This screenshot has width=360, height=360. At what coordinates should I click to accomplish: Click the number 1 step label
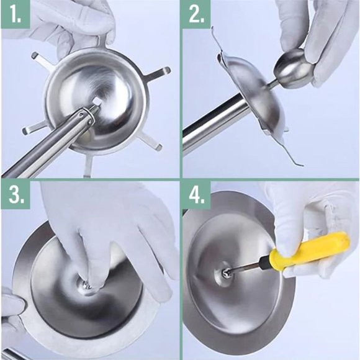click(x=16, y=14)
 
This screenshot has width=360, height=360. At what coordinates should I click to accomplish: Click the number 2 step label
click(x=197, y=14)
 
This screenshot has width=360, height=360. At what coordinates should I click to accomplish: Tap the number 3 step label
click(x=16, y=195)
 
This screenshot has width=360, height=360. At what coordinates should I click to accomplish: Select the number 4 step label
click(x=197, y=195)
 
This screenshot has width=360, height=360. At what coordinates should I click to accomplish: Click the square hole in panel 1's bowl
click(x=98, y=101)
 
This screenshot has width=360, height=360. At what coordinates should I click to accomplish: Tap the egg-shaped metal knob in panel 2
click(x=294, y=68)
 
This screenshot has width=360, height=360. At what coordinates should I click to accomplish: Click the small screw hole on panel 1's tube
click(x=81, y=114)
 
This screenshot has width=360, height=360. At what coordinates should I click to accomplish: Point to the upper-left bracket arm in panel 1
click(x=42, y=60)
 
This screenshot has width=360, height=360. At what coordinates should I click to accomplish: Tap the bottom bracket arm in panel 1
click(x=88, y=166)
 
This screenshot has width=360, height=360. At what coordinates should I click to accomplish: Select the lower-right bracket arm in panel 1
click(x=149, y=142)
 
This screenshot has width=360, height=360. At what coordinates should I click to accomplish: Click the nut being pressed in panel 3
click(x=88, y=286)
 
